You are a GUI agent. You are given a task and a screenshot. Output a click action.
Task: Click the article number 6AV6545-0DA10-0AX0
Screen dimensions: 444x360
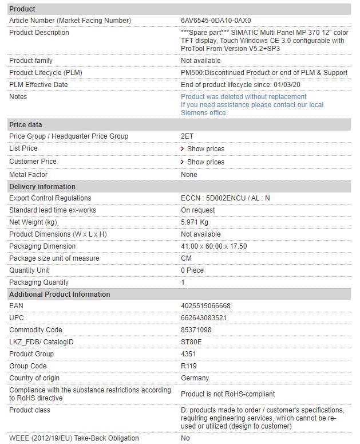pos(216,21)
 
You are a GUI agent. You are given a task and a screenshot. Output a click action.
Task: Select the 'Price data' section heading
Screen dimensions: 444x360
pos(26,124)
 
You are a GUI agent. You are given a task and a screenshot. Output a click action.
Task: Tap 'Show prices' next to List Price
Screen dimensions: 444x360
pos(205,149)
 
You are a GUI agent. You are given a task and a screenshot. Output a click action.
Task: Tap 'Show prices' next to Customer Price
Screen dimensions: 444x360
pos(205,162)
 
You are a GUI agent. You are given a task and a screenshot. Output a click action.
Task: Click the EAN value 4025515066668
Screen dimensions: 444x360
pos(206,306)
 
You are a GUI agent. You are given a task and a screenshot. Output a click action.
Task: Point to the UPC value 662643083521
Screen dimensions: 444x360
pos(204,318)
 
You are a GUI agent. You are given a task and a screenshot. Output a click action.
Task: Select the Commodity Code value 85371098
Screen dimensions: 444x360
pos(196,330)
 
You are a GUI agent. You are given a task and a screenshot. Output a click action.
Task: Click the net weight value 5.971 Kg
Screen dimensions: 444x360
pos(195,222)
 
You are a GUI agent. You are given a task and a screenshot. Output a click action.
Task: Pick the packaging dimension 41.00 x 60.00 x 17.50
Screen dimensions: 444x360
pos(214,246)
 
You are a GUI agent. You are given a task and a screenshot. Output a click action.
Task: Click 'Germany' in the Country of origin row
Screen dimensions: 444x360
pos(195,378)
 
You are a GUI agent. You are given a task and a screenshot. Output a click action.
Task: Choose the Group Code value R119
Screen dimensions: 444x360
pos(189,366)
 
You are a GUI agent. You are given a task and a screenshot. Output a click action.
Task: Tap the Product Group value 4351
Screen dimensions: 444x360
pos(188,354)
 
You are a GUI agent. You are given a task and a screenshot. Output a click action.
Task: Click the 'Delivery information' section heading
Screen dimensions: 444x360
pos(42,187)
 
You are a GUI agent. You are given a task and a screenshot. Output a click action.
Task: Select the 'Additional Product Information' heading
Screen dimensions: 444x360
pos(60,294)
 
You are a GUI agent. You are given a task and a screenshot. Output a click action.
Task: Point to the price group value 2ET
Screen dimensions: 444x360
pos(187,136)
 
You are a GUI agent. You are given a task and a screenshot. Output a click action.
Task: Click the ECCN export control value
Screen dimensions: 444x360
pos(226,198)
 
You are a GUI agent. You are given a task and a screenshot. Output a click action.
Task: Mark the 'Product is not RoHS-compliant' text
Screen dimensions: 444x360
pos(228,394)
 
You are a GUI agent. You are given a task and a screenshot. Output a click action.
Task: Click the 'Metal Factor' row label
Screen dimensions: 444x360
pos(29,175)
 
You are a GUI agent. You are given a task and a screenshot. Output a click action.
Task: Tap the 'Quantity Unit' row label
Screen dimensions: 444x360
pos(30,270)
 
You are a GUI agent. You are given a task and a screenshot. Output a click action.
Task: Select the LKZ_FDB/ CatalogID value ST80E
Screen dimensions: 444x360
pos(191,342)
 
